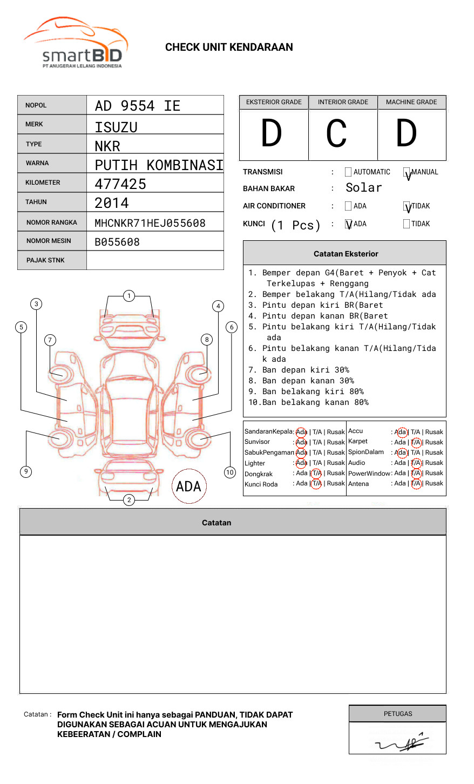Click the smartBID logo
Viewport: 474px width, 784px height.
coord(76,43)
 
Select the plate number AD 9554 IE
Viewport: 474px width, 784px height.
coord(138,106)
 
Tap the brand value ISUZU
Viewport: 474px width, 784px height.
coord(116,127)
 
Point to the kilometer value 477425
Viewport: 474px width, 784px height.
coord(120,184)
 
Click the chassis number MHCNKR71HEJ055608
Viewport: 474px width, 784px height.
coord(150,223)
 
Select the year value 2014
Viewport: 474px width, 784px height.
coord(112,203)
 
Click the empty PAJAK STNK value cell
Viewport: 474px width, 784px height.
coord(155,260)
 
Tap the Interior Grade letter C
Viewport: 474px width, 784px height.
coord(336,134)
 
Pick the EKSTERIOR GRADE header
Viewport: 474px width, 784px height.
coord(274,102)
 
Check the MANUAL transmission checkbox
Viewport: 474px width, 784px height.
coord(407,172)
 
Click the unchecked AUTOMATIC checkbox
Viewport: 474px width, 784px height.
coord(348,172)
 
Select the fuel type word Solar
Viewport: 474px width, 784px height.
coord(363,188)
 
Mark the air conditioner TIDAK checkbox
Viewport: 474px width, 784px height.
coord(407,206)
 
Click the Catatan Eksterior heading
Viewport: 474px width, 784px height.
coord(346,254)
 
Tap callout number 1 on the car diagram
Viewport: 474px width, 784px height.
coord(128,295)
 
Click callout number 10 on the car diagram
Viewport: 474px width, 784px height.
coord(230,472)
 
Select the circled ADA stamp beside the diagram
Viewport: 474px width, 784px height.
coord(188,486)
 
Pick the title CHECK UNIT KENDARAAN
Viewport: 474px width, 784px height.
coord(229,48)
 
